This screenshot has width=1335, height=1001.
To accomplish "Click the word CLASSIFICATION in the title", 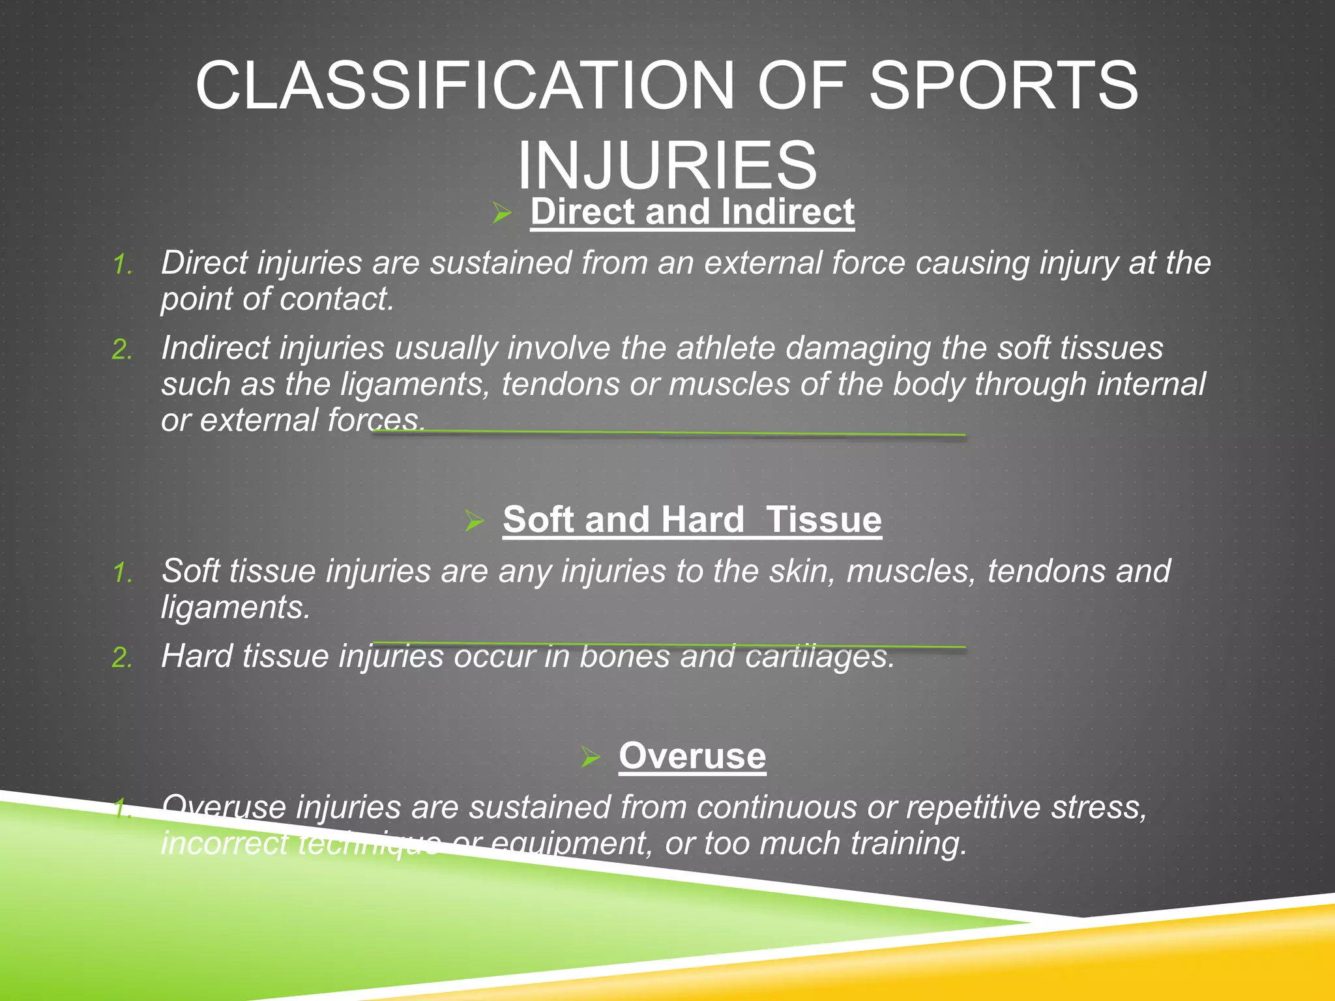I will point(465,86).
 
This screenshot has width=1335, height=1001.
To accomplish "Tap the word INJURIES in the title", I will point(667,165).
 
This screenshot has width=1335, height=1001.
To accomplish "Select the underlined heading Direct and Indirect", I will point(692,212).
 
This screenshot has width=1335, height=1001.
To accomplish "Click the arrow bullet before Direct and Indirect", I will point(501,212).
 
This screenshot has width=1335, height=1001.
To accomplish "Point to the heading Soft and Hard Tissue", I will point(692,520).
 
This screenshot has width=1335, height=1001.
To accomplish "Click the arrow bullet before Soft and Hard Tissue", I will point(474,521).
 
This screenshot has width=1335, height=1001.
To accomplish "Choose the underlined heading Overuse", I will point(692,757).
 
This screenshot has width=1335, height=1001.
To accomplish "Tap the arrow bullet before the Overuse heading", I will point(590,757).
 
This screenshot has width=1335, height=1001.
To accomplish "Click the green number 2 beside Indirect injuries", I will point(122,351).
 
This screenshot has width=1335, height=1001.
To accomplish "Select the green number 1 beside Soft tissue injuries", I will point(122,573).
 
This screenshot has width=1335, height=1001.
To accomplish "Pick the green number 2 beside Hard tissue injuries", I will point(122,658).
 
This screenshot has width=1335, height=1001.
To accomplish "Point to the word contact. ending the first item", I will point(337,300).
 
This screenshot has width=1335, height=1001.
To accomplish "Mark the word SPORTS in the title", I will point(1004,86).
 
